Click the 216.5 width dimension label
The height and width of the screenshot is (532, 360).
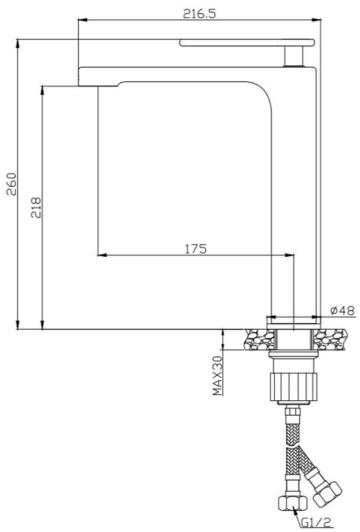click(200, 13)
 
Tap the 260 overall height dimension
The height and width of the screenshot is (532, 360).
click(11, 184)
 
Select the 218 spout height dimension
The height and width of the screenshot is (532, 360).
click(36, 207)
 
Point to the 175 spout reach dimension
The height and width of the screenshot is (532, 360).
click(196, 249)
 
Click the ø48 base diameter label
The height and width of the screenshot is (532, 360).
click(342, 310)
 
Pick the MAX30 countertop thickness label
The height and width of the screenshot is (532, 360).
click(218, 376)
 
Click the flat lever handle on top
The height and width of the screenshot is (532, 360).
click(247, 43)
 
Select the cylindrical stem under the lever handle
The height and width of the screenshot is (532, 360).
click(293, 56)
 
